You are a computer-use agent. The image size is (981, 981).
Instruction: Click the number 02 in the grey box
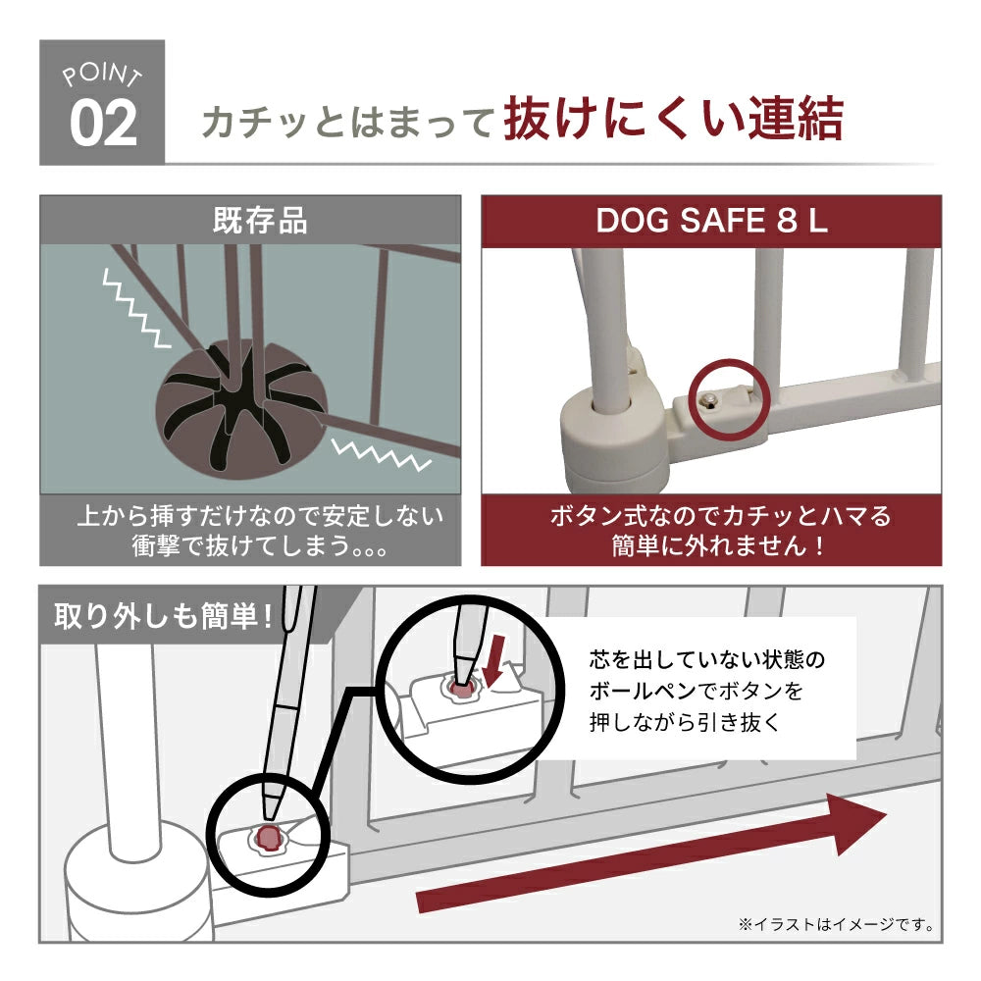103,124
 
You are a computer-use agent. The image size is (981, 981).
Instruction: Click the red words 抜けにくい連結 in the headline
674,119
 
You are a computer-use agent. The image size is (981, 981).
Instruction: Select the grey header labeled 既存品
250,220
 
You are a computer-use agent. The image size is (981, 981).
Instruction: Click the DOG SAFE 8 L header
711,221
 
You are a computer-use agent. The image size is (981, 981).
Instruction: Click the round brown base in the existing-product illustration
241,408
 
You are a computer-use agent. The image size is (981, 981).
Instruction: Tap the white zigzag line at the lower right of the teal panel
381,453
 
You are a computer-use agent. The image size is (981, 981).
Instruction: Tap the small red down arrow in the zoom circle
493,660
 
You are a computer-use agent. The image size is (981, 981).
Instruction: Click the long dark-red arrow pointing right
651,853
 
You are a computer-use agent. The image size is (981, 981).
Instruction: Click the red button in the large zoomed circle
462,690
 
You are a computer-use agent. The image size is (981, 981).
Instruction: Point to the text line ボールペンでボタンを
696,692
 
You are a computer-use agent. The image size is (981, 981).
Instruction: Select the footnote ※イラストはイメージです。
836,924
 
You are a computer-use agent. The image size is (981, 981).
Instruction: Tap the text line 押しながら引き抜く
685,722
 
